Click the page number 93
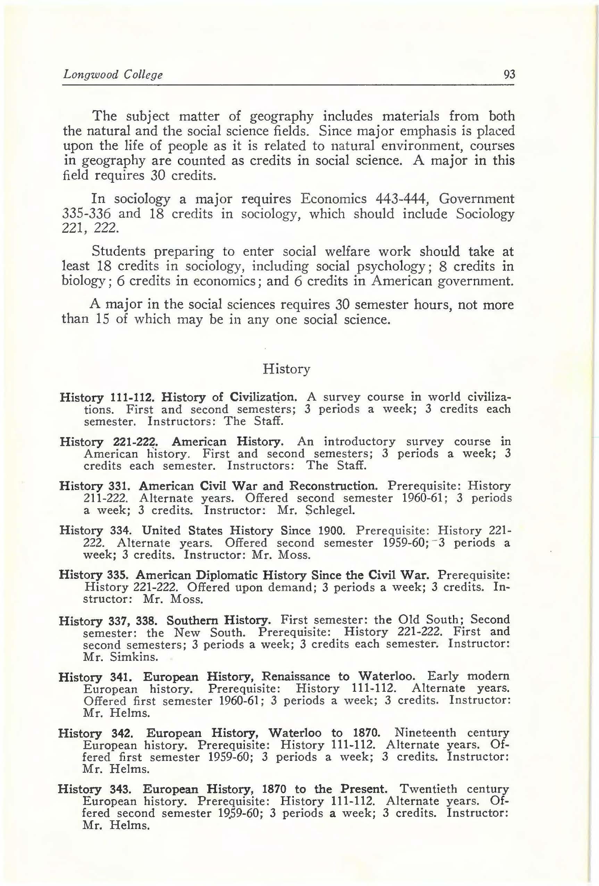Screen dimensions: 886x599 (509, 74)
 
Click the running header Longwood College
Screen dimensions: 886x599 (113, 74)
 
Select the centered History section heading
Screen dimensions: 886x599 (286, 369)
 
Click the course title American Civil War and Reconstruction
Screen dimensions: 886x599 (258, 486)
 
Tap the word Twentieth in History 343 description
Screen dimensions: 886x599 (428, 789)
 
